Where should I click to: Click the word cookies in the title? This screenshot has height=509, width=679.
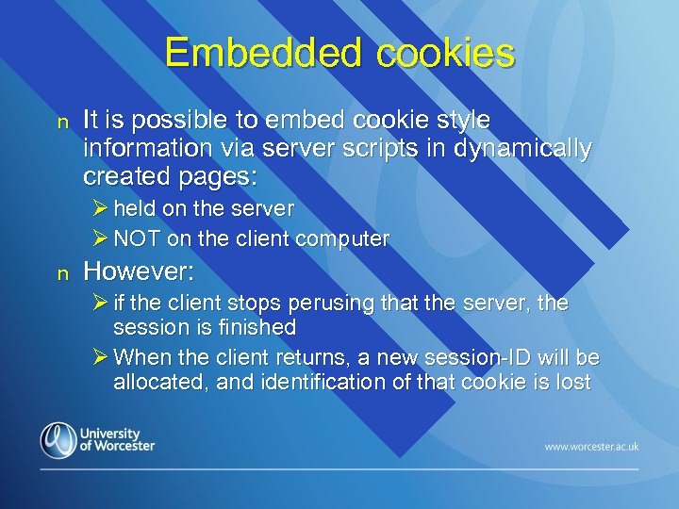tap(445, 53)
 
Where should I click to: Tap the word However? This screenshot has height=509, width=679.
tap(139, 272)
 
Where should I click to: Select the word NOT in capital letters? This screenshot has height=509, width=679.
tap(137, 239)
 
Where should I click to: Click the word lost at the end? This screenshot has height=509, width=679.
tap(572, 382)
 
